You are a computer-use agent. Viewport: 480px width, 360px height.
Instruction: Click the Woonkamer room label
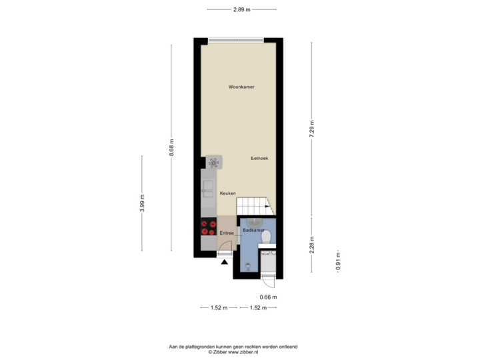point(241,87)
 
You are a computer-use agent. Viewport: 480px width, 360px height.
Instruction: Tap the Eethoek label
point(259,158)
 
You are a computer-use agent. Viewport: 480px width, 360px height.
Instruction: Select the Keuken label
point(229,193)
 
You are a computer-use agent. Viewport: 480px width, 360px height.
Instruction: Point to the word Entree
point(227,233)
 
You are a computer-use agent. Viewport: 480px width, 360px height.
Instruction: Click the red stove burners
point(209,227)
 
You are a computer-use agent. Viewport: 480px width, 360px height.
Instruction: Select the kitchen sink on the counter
point(208,185)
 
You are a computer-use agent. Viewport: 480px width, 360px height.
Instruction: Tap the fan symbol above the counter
point(213,162)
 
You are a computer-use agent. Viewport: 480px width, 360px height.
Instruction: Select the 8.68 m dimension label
point(171,147)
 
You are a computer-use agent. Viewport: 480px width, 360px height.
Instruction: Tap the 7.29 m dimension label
point(311,128)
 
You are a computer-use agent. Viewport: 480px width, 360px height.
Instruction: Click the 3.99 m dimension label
point(142,203)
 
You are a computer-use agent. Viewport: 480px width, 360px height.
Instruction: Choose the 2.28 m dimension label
point(311,244)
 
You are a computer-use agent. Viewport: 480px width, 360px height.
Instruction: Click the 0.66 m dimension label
point(268,296)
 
